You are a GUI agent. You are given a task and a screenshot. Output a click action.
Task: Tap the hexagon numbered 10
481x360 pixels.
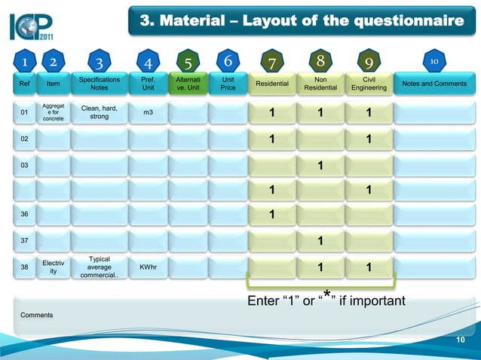pyautogui.click(x=434, y=59)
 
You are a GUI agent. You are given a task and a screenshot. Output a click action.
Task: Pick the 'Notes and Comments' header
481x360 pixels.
pyautogui.click(x=434, y=84)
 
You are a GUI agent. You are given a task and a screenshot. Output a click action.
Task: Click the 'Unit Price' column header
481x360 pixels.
pyautogui.click(x=227, y=83)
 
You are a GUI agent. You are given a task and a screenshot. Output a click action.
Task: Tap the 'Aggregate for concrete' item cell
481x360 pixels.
pyautogui.click(x=54, y=112)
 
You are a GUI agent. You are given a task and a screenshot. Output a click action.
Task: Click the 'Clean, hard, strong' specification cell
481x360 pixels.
pyautogui.click(x=99, y=112)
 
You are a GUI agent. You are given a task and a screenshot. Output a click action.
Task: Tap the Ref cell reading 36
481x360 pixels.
pyautogui.click(x=25, y=215)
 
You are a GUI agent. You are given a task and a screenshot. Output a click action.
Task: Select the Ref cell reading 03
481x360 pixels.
pyautogui.click(x=25, y=164)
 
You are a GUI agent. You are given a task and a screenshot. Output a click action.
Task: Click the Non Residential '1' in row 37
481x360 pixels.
pyautogui.click(x=320, y=242)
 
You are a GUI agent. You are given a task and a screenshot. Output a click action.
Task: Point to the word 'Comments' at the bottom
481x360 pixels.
pyautogui.click(x=36, y=314)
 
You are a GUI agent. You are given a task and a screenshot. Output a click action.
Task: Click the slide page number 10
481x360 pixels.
pyautogui.click(x=461, y=341)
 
